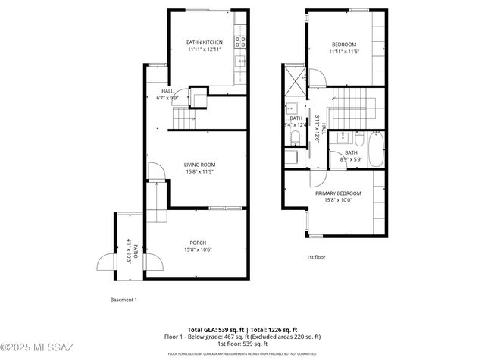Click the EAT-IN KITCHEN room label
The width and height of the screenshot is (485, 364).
tap(205, 42)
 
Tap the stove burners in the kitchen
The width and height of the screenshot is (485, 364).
tap(240, 42)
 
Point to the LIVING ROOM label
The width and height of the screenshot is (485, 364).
tap(200, 165)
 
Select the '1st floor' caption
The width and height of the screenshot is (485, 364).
tap(316, 257)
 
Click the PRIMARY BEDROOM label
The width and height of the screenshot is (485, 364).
tap(338, 193)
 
